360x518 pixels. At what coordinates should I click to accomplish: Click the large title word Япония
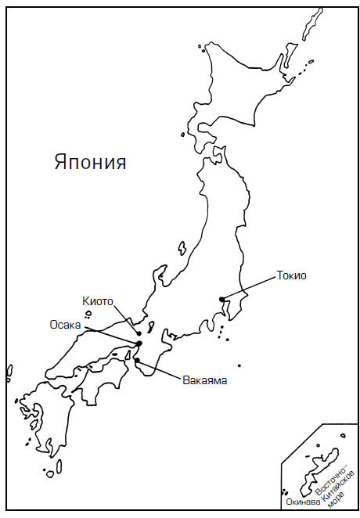click(90, 163)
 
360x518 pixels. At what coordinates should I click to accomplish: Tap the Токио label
click(291, 275)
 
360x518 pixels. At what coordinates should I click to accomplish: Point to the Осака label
click(65, 325)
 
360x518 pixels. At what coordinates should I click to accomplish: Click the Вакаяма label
click(204, 381)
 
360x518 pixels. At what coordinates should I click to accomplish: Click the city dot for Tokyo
click(222, 299)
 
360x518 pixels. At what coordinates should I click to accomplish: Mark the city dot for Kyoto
click(139, 333)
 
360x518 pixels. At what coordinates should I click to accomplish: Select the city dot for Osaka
click(139, 344)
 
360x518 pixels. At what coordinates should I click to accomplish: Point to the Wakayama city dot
click(137, 361)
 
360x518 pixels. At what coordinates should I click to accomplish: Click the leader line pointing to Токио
click(249, 287)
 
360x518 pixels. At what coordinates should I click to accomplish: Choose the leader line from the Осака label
click(110, 334)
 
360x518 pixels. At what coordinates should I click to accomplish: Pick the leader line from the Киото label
click(128, 318)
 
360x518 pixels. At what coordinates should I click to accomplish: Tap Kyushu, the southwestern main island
click(39, 415)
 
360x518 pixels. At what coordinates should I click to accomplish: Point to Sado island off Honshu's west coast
click(182, 249)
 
